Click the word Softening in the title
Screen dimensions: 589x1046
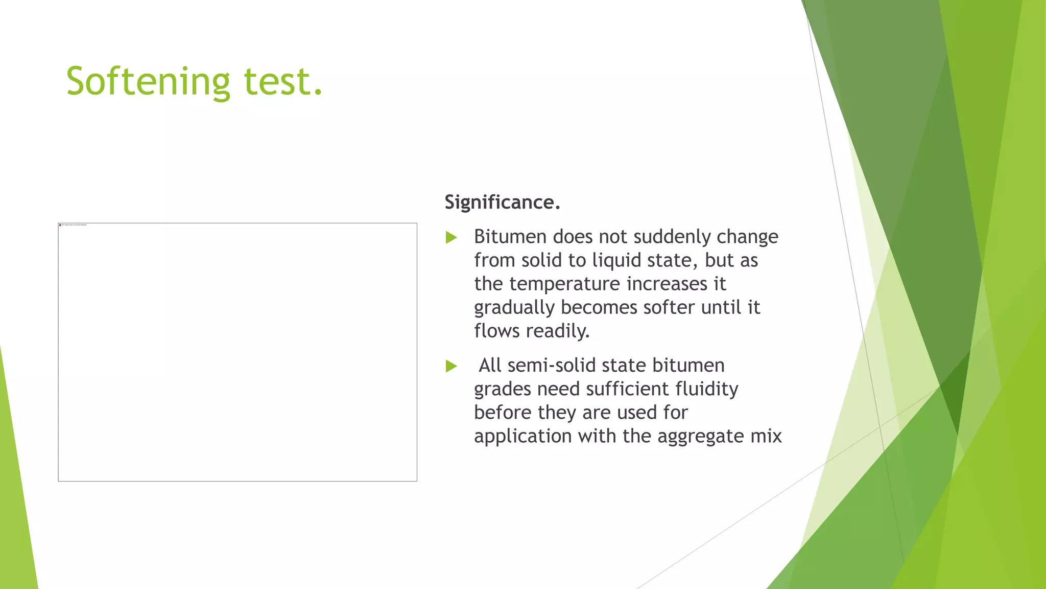(x=148, y=82)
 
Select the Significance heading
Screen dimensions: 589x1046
(x=502, y=202)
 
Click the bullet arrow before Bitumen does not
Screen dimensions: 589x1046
(x=451, y=237)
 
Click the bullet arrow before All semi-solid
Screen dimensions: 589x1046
(x=451, y=366)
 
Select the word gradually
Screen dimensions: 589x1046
(x=514, y=308)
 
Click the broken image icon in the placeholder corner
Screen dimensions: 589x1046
(x=60, y=225)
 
